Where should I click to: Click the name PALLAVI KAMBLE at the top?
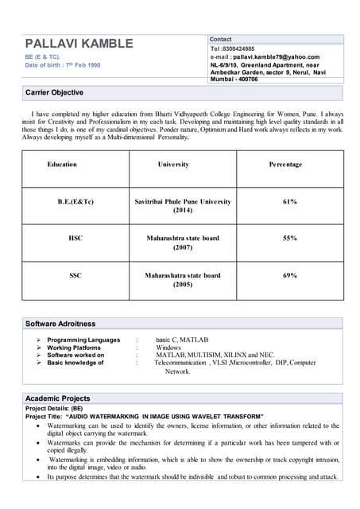tap(79, 43)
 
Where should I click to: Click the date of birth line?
tap(63, 65)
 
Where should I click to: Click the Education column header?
tap(62, 165)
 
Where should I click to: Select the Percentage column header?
tap(285, 165)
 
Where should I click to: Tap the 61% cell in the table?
tap(289, 202)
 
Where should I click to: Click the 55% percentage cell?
tap(289, 238)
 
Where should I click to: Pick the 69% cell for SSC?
tap(289, 275)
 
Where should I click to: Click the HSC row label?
tap(75, 238)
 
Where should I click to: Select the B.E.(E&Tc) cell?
tap(75, 202)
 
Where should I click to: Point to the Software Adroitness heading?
tap(60, 324)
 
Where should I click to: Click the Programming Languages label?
tap(83, 340)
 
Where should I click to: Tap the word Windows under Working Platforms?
tap(168, 348)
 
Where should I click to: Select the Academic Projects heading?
tap(58, 398)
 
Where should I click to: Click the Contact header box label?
tap(221, 39)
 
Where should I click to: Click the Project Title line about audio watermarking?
tap(144, 416)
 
